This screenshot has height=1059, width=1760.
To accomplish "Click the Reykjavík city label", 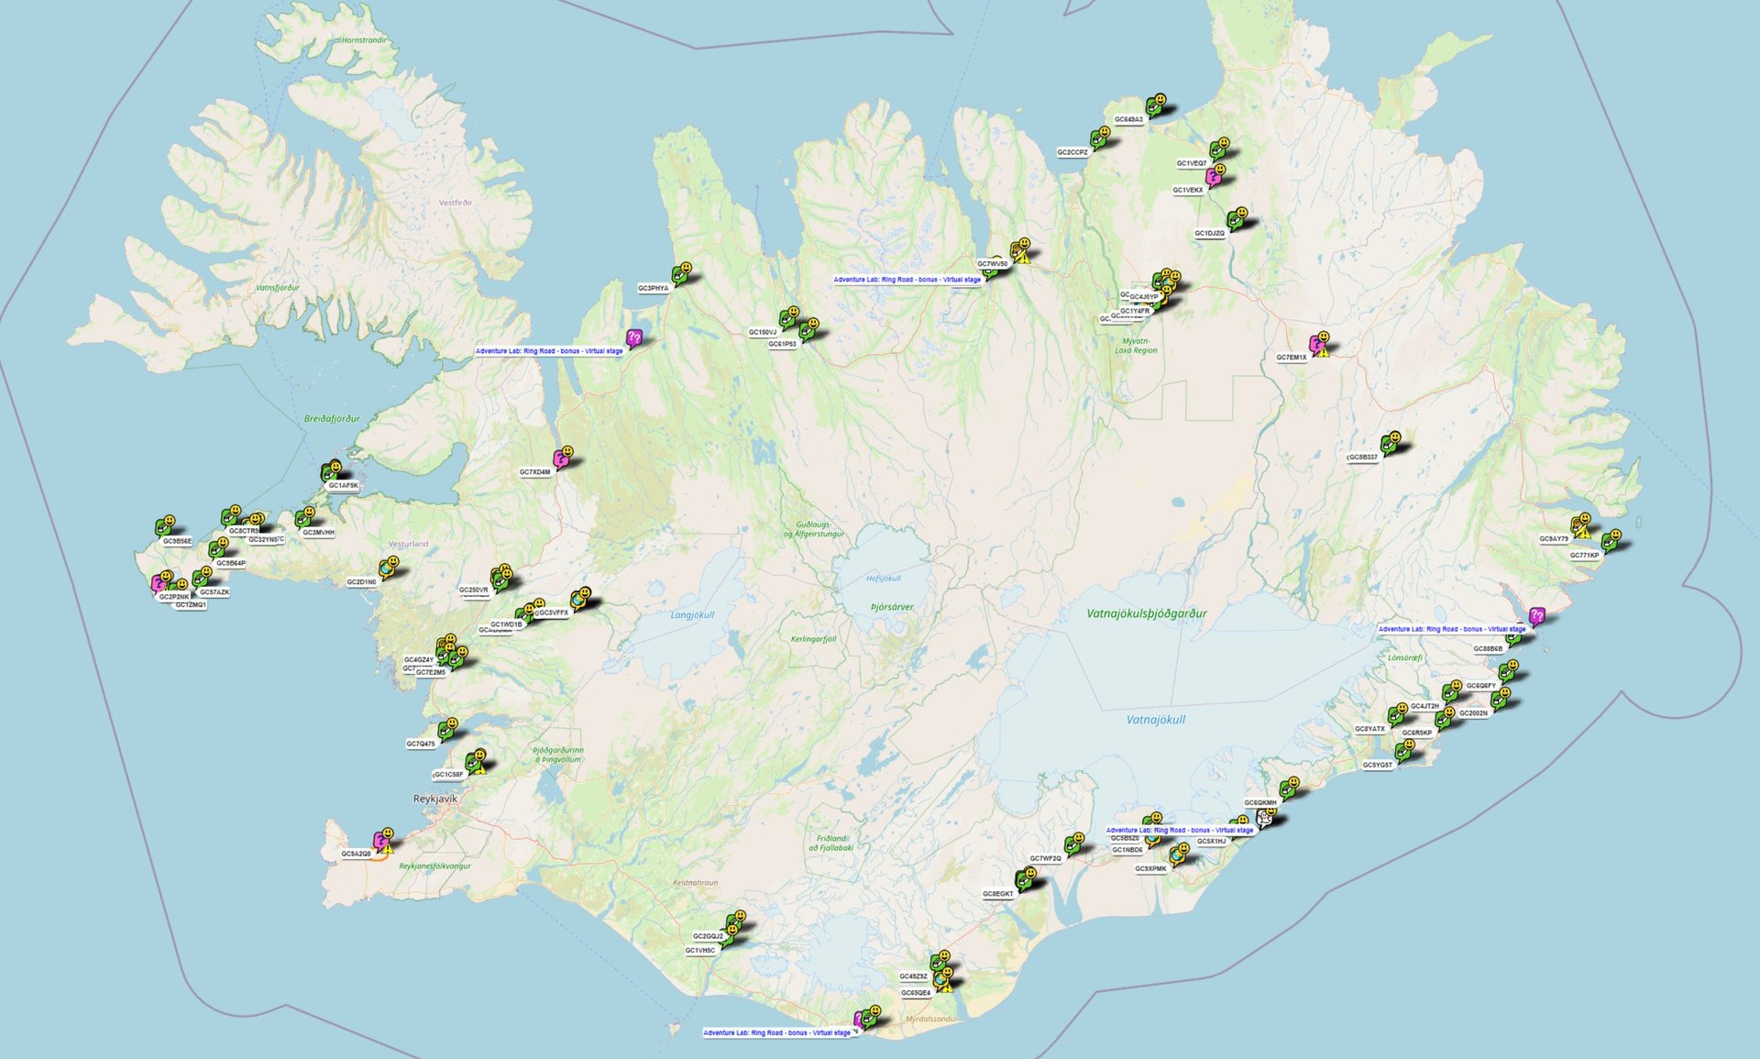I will pyautogui.click(x=434, y=799).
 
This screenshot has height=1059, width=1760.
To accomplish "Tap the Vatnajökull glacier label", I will pyautogui.click(x=1155, y=720).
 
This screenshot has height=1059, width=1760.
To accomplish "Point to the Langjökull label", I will pyautogui.click(x=692, y=615).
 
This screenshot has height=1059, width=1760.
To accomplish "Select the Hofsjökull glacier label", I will pyautogui.click(x=883, y=579).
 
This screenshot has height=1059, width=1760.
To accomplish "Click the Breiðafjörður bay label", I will pyautogui.click(x=332, y=419).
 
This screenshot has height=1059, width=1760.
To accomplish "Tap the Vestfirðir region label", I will pyautogui.click(x=456, y=203).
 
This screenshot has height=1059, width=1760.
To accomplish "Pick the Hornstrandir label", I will pyautogui.click(x=364, y=40).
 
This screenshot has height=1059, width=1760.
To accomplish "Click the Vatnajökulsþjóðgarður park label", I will pyautogui.click(x=1146, y=613).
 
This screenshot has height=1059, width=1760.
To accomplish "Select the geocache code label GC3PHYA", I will pyautogui.click(x=654, y=288).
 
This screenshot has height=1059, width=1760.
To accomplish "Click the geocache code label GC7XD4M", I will pyautogui.click(x=534, y=472).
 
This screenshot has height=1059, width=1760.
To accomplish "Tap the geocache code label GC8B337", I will pyautogui.click(x=1362, y=457).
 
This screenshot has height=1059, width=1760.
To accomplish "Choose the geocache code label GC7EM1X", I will pyautogui.click(x=1291, y=358).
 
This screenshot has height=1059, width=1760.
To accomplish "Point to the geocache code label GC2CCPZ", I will pyautogui.click(x=1072, y=152).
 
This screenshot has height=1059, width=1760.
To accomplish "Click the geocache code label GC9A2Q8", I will pyautogui.click(x=356, y=854).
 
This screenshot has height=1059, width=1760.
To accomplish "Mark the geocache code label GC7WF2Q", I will pyautogui.click(x=1045, y=858).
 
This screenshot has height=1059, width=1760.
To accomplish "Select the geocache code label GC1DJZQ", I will pyautogui.click(x=1209, y=233).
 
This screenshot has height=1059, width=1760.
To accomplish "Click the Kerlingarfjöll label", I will pyautogui.click(x=813, y=639).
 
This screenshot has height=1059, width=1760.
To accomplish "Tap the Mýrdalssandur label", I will pyautogui.click(x=931, y=1019).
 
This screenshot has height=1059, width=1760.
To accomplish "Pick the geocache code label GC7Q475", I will pyautogui.click(x=420, y=744).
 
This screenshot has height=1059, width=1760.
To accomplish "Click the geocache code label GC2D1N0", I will pyautogui.click(x=361, y=582).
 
